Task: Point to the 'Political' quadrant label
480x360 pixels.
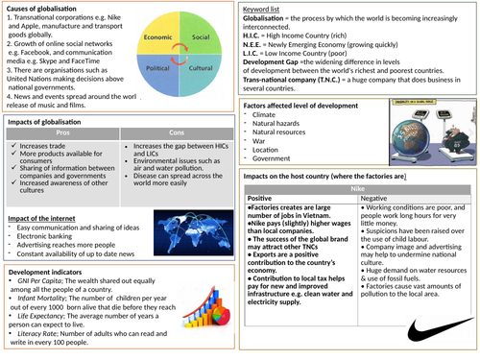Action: click(156, 70)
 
